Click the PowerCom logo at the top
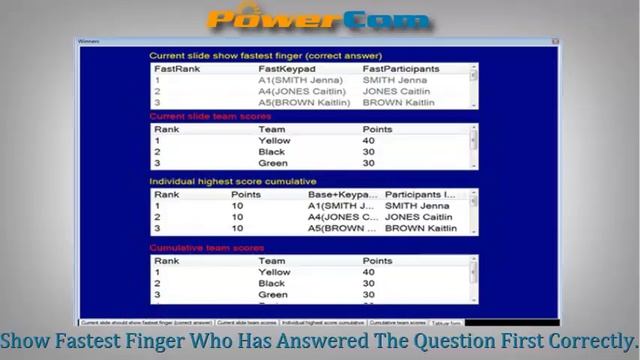click(318, 19)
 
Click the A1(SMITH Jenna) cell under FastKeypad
click(292, 79)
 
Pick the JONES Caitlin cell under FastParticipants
click(396, 91)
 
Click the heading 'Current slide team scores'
click(210, 116)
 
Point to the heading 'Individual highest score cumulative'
click(232, 181)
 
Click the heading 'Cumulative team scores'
click(207, 247)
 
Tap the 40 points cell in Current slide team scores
click(368, 141)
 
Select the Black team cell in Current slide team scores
click(271, 152)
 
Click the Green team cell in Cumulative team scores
click(273, 295)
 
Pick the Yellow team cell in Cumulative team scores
click(275, 272)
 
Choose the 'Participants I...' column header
click(419, 194)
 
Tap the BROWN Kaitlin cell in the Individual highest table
click(420, 228)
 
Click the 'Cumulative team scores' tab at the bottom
click(397, 323)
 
